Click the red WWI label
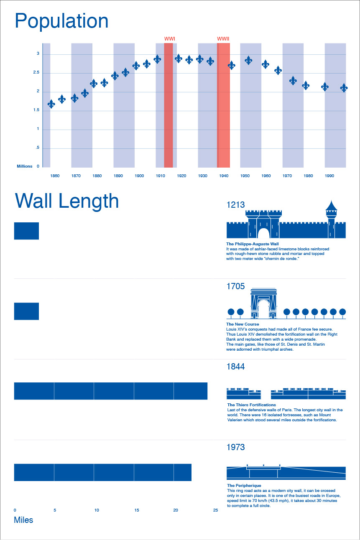pyautogui.click(x=169, y=39)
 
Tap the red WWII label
pyautogui.click(x=223, y=39)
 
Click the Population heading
pyautogui.click(x=61, y=21)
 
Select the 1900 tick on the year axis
pyautogui.click(x=139, y=176)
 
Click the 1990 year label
pyautogui.click(x=329, y=176)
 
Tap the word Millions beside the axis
pyautogui.click(x=25, y=166)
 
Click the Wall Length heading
pyautogui.click(x=67, y=201)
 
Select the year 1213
pyautogui.click(x=235, y=205)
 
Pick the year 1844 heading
pyautogui.click(x=235, y=367)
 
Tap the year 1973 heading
pyautogui.click(x=235, y=447)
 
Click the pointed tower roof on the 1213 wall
pyautogui.click(x=331, y=206)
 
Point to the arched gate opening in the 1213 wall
pyautogui.click(x=263, y=233)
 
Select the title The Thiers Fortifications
pyautogui.click(x=251, y=405)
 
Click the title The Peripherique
pyautogui.click(x=244, y=486)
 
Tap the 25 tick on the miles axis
pyautogui.click(x=215, y=510)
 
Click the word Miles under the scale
pyautogui.click(x=23, y=520)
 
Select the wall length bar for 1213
pyautogui.click(x=26, y=231)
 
